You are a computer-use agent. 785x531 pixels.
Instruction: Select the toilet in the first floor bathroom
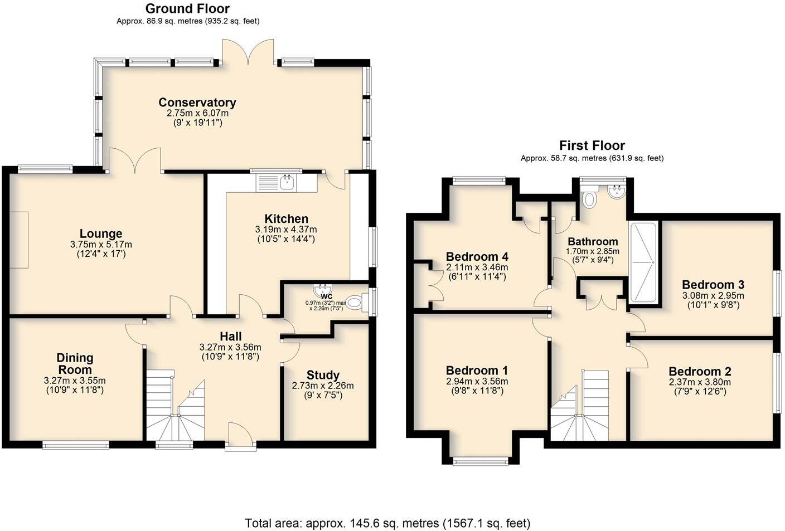click(589, 198)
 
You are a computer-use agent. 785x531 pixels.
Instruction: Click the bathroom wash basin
click(617, 193)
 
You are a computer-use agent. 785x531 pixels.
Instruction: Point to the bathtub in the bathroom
click(643, 262)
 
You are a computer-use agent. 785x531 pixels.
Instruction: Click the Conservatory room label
click(197, 103)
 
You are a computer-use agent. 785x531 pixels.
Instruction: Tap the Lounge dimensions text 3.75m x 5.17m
click(101, 245)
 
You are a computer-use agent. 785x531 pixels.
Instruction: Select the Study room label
click(323, 375)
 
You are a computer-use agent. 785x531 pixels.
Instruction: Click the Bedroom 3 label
click(713, 285)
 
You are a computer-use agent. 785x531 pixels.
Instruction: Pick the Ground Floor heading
click(187, 9)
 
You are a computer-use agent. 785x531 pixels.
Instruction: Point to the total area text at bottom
click(387, 523)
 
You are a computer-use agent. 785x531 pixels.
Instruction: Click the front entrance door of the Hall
click(241, 436)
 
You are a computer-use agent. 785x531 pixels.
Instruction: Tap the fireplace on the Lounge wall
click(19, 240)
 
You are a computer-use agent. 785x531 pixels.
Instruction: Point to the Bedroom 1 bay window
click(480, 461)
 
